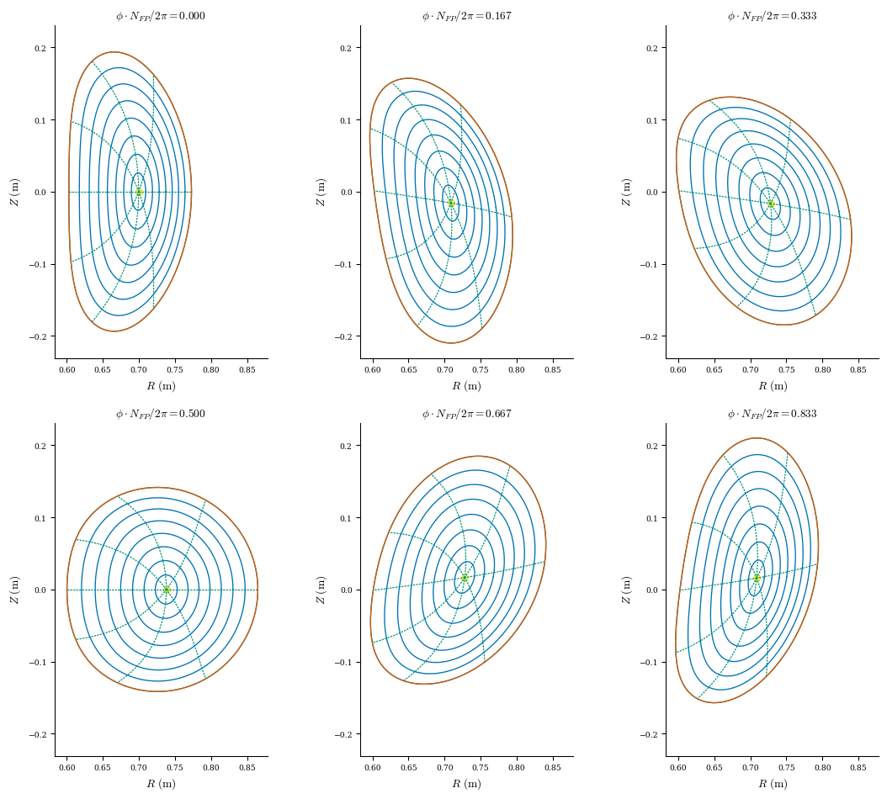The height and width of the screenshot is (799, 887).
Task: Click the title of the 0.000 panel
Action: click(x=161, y=16)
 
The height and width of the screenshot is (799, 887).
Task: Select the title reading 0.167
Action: click(x=466, y=16)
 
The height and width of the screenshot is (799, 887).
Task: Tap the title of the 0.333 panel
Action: click(x=772, y=16)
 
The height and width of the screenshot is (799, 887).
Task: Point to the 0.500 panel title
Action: click(x=161, y=414)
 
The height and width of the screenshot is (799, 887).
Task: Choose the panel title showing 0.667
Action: click(x=466, y=414)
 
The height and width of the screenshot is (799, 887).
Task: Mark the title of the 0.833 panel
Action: click(x=772, y=414)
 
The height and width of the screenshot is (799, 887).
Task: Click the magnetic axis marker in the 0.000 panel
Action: click(x=139, y=192)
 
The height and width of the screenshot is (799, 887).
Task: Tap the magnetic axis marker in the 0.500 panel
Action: click(x=167, y=590)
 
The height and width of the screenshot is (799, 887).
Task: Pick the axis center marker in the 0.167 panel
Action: click(x=451, y=203)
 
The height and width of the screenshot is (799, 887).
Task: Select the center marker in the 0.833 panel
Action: click(x=757, y=578)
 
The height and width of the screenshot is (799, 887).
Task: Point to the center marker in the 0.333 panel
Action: click(x=770, y=204)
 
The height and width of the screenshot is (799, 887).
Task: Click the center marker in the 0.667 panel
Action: click(x=465, y=578)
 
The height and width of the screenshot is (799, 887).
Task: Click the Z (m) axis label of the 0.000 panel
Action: click(x=14, y=192)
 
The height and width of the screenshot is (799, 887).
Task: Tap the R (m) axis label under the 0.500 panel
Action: click(x=161, y=784)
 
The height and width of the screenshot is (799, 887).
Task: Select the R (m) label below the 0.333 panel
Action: click(x=772, y=386)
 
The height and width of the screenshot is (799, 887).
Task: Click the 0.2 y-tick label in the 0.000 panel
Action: click(x=40, y=48)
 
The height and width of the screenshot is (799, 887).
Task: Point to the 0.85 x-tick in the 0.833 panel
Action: click(x=858, y=768)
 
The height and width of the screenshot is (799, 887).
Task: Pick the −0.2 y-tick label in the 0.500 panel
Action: click(x=36, y=734)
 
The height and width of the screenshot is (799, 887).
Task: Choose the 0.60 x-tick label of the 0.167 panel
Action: click(x=372, y=370)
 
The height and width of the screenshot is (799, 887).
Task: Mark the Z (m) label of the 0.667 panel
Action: click(x=320, y=590)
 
